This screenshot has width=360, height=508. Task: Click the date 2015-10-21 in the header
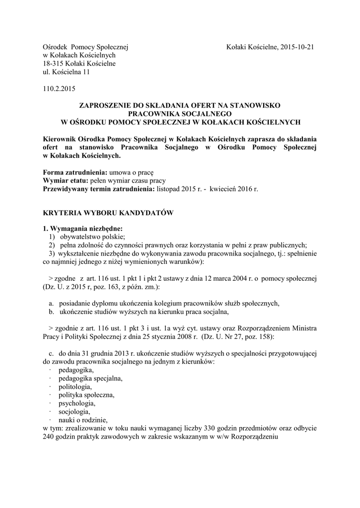click(x=297, y=47)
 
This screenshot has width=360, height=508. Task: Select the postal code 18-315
click(x=54, y=64)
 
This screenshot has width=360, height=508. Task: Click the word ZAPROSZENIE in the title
click(x=109, y=105)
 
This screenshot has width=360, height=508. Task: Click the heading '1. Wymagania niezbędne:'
click(x=82, y=229)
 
